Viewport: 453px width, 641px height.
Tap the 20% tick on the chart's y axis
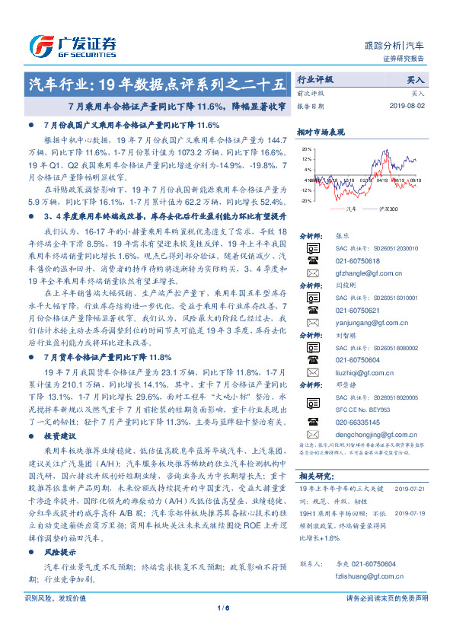coord(306,149)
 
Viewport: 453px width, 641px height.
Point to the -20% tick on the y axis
coord(305,201)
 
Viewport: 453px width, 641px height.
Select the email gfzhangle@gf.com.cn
coord(370,272)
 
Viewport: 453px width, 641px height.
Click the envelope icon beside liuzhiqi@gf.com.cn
coord(312,372)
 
